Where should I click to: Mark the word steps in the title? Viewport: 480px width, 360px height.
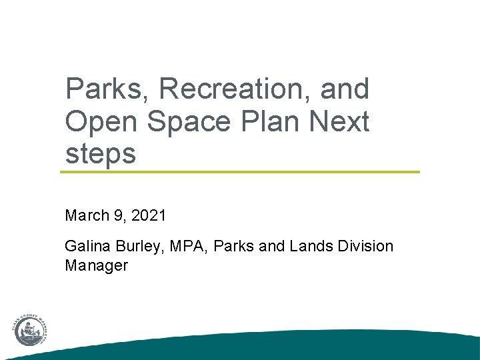pos(100,154)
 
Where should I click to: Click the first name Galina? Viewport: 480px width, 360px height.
pos(85,247)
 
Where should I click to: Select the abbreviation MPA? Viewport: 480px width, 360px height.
pos(180,247)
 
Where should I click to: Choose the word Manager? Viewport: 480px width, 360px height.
pos(96,265)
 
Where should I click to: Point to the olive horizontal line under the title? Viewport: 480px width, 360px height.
pos(240,172)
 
